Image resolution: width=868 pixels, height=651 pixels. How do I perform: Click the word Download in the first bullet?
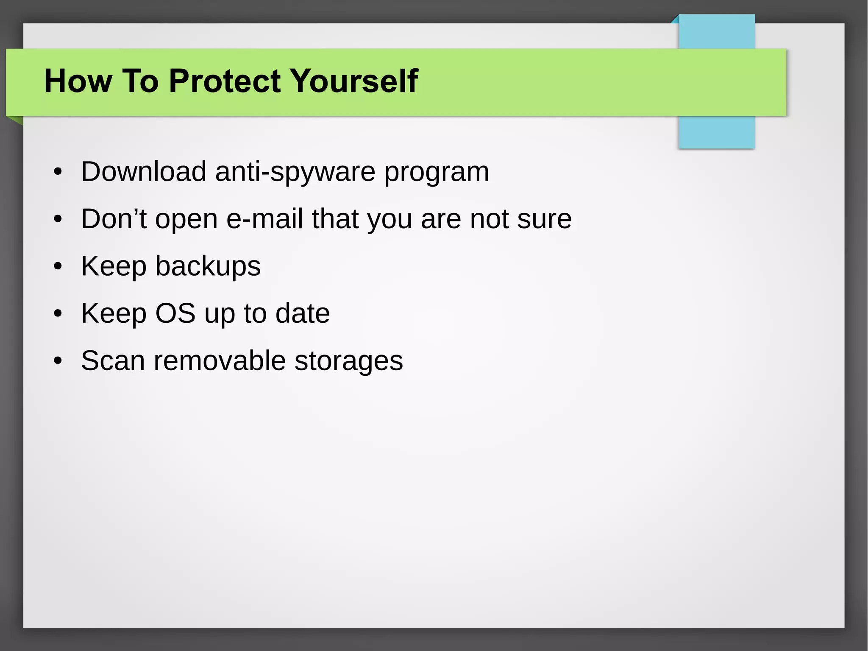tap(143, 171)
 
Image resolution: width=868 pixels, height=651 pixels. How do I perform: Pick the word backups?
tap(208, 266)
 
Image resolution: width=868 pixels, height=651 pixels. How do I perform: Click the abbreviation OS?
tap(175, 313)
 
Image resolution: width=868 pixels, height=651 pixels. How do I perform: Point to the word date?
tap(302, 313)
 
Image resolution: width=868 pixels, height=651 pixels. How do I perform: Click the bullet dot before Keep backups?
tap(58, 267)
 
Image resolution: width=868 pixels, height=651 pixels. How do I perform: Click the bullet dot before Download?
tap(58, 172)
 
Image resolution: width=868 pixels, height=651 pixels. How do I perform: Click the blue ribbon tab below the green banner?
tap(716, 132)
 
